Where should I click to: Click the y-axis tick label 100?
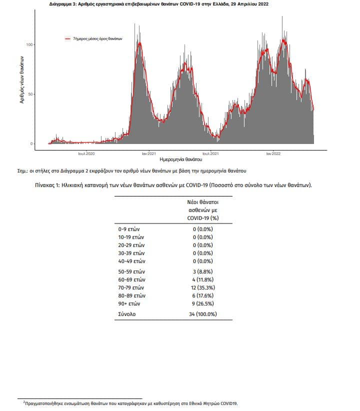[29, 44]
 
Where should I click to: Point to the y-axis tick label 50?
[30, 94]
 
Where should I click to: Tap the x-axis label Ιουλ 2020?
[86, 153]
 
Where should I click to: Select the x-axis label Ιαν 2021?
[148, 153]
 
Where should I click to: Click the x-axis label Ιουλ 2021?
[210, 153]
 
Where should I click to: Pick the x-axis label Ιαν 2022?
[273, 153]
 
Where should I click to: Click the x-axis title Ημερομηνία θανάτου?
[180, 159]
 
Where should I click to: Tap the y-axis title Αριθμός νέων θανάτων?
[22, 79]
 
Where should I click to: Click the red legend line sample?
[67, 39]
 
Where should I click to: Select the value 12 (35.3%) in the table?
[203, 287]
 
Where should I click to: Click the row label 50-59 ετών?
[131, 271]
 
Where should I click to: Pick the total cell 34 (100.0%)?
[203, 314]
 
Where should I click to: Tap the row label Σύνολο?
[126, 314]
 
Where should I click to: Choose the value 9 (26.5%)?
[203, 303]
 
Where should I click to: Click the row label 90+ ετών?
[129, 303]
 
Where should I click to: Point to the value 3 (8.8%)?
[203, 271]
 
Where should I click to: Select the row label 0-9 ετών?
[128, 229]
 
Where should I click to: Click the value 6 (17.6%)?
[203, 295]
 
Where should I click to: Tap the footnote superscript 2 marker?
[24, 402]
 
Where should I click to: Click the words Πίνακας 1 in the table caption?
[47, 185]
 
